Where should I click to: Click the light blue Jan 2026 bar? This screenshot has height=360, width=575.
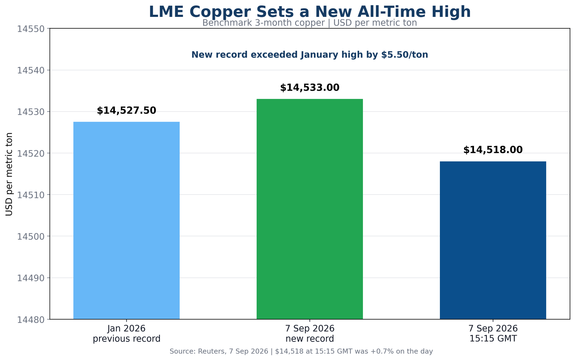pyautogui.click(x=126, y=220)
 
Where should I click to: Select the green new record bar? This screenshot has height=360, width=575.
pyautogui.click(x=310, y=209)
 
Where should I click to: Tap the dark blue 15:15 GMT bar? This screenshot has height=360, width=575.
pyautogui.click(x=493, y=240)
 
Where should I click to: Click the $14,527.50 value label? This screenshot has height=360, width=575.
pyautogui.click(x=126, y=111)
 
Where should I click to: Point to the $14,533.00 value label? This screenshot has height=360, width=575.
pyautogui.click(x=310, y=88)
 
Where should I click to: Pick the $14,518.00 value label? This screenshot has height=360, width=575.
pyautogui.click(x=493, y=150)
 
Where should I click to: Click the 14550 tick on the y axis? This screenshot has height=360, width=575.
pyautogui.click(x=31, y=29)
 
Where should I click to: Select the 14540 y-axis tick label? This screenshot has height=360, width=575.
pyautogui.click(x=31, y=70)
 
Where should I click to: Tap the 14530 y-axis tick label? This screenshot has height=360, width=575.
pyautogui.click(x=31, y=112)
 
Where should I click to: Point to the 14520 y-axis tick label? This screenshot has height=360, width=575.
pyautogui.click(x=31, y=154)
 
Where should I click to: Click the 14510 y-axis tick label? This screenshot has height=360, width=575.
pyautogui.click(x=31, y=195)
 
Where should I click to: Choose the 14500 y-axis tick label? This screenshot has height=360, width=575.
pyautogui.click(x=31, y=236)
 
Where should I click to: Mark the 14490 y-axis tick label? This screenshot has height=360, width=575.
pyautogui.click(x=31, y=278)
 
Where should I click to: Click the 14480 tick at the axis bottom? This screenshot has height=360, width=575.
pyautogui.click(x=31, y=320)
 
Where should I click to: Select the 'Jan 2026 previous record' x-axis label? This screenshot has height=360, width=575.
pyautogui.click(x=126, y=333)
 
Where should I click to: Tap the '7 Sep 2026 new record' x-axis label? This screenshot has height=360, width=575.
pyautogui.click(x=310, y=333)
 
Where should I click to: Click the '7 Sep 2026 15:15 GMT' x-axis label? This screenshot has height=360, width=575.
pyautogui.click(x=493, y=333)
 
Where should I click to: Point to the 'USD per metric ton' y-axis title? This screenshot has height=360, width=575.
pyautogui.click(x=9, y=174)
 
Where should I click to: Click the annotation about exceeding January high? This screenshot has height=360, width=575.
pyautogui.click(x=310, y=55)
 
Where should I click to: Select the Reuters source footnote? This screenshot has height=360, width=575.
pyautogui.click(x=301, y=351)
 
